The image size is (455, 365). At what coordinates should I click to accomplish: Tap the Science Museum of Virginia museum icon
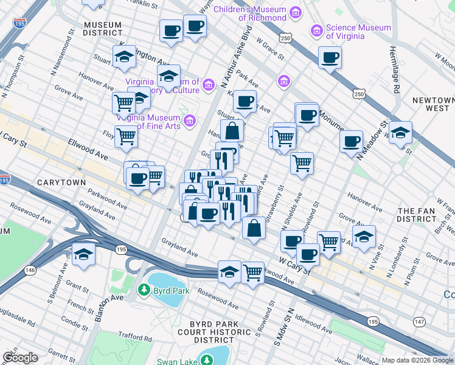316,30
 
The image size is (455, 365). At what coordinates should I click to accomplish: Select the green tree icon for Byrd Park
144,289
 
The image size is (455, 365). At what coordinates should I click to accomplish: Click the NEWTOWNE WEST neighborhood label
432,104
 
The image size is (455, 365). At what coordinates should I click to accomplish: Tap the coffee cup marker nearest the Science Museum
330,58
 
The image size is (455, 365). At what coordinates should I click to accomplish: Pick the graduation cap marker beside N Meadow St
400,131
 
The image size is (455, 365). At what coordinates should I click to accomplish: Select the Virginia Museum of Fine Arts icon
190,119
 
